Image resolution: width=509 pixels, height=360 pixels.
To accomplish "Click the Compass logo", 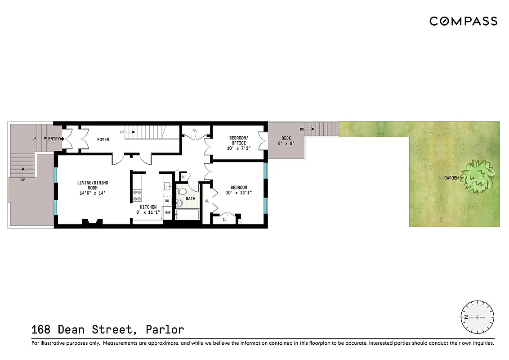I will [463, 21].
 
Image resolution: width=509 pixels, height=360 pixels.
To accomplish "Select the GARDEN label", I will [451, 178].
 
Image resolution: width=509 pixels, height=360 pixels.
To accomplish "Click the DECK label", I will [286, 138].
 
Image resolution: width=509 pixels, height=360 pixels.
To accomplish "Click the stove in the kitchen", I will [137, 195].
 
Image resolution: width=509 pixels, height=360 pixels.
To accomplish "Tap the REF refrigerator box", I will [168, 212].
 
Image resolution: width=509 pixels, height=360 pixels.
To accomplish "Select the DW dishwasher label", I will [167, 201].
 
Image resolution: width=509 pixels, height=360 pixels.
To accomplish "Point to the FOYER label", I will [103, 139].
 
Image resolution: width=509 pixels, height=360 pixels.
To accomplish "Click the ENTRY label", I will [54, 139].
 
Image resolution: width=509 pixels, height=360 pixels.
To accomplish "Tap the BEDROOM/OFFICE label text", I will [238, 140].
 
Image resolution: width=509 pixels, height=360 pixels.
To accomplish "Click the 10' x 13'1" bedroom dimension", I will [239, 193].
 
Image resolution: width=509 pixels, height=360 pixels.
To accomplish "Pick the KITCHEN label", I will [148, 207].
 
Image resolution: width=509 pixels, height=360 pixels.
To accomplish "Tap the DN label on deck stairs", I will [301, 129].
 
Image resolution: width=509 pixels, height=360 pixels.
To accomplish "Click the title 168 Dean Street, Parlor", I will [108, 330].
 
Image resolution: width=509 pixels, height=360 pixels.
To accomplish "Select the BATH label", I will [191, 198].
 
